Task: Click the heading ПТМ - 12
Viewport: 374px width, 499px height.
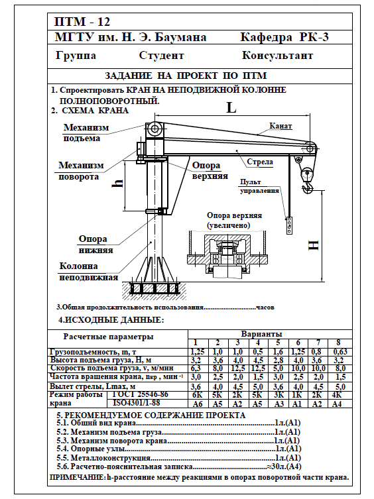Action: point(82,22)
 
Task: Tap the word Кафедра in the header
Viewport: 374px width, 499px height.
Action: point(266,37)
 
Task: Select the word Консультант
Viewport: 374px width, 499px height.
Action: point(277,56)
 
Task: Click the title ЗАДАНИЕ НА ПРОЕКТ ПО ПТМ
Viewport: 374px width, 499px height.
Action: point(186,76)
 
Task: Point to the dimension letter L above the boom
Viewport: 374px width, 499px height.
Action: point(231,108)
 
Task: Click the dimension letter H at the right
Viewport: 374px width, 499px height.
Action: point(314,245)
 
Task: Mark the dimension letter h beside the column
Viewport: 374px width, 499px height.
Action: point(118,183)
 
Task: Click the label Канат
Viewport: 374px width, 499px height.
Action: point(280,126)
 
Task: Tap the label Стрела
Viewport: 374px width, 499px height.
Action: point(260,162)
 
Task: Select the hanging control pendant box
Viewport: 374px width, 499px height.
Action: point(289,225)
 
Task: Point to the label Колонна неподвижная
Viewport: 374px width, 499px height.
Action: point(89,272)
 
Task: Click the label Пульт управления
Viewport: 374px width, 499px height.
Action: point(259,186)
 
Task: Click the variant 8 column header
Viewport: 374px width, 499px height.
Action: point(338,343)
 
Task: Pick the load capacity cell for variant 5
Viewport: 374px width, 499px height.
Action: point(278,352)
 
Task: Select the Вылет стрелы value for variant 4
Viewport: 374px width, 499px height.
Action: point(258,387)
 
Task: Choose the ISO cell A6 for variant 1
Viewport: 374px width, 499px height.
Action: point(198,404)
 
